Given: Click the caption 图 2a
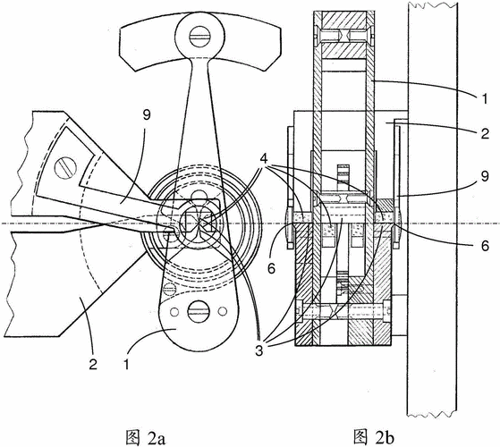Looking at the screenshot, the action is pos(146,437).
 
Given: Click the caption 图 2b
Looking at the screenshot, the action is pos(373,437).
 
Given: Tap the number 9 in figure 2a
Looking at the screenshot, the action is pos(147,115).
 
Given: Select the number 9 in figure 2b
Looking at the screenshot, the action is pos(485,176).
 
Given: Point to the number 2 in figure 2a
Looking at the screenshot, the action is pos(93,364).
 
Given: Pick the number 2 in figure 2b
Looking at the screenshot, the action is pos(485,133).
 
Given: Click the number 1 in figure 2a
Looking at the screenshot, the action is pos(127,364).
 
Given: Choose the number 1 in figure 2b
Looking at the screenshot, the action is pos(485,99).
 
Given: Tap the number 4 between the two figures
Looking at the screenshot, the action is pos(264,159).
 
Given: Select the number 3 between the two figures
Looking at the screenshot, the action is pos(258,351).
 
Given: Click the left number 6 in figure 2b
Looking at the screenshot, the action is pos(271,268).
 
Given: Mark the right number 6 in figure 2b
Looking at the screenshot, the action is pos(485,246).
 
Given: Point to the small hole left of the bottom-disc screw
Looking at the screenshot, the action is pos(174,312).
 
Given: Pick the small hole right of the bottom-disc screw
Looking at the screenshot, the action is pos(223,310).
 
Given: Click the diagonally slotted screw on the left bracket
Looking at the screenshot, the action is pos(65,168).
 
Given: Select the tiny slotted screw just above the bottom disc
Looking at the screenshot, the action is pos(169,290).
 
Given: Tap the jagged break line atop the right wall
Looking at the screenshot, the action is pos(432,4).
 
